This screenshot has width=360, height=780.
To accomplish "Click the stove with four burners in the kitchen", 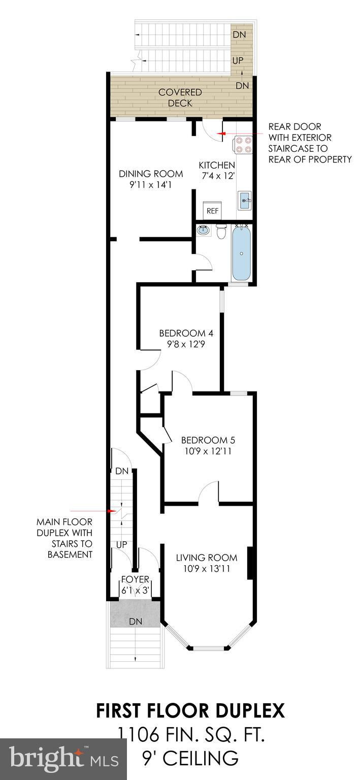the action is [243, 145].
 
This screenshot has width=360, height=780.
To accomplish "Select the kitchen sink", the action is [245, 201].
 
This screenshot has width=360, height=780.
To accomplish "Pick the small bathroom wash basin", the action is [203, 230].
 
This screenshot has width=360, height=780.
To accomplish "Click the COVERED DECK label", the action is [180, 97].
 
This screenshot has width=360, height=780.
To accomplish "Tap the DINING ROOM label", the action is [151, 173].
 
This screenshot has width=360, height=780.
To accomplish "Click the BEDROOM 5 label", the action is [208, 440].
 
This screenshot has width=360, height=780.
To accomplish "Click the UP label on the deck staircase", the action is [238, 60].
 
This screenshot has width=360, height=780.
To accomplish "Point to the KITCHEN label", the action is [217, 165].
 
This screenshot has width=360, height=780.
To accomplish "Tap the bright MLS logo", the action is [64, 757].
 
